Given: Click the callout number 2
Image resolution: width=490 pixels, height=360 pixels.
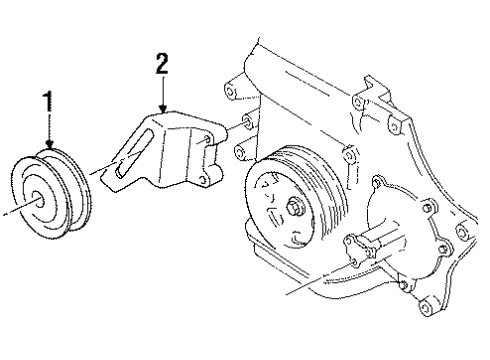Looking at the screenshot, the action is [160, 65].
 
